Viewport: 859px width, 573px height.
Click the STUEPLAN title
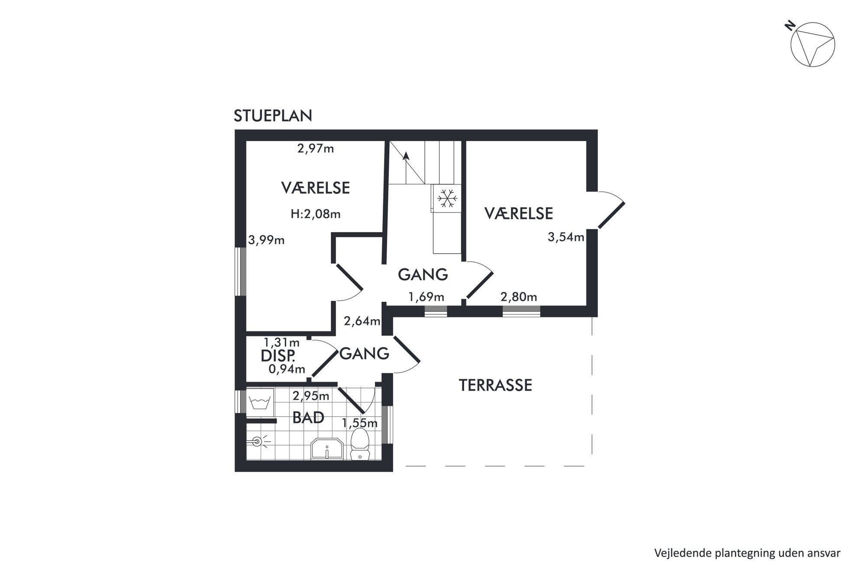[273, 116]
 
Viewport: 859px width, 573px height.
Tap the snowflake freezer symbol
[446, 198]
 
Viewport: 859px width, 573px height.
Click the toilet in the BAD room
[359, 444]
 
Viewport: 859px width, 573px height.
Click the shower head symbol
[258, 442]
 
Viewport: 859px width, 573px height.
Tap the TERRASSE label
[495, 385]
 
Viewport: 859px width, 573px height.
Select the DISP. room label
[278, 356]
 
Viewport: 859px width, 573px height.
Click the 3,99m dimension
[266, 240]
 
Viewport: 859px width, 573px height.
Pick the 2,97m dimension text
[316, 149]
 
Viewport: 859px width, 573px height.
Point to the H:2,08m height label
[316, 214]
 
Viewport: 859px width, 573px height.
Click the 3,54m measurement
[566, 237]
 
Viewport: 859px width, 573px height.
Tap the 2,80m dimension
[519, 297]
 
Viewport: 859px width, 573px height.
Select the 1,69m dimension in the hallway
[426, 297]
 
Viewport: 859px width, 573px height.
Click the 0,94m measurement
[287, 369]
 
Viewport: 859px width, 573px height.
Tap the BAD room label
[308, 418]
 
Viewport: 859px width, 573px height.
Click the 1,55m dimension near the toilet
[360, 423]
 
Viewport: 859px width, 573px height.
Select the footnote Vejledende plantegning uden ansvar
[747, 553]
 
